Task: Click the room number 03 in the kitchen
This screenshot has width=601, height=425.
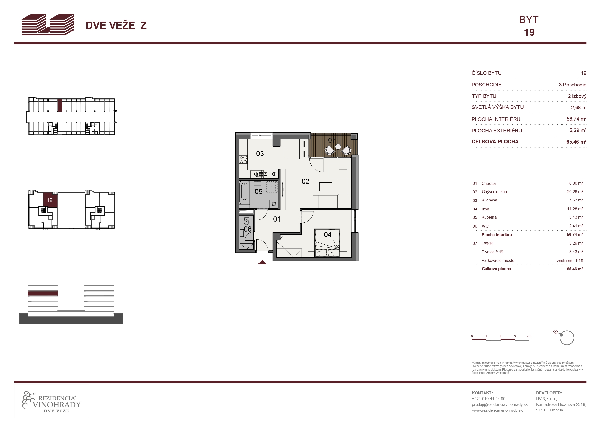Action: [x=260, y=154]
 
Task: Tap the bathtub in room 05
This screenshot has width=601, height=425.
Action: [x=244, y=193]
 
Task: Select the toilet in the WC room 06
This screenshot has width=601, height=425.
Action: [x=247, y=222]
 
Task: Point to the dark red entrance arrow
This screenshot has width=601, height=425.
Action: [x=262, y=262]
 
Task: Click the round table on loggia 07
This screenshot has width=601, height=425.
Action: [x=338, y=147]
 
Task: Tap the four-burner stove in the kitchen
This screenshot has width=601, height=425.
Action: [x=243, y=160]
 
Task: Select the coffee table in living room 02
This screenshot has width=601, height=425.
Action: [x=326, y=187]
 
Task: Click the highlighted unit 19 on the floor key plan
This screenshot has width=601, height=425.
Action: [x=50, y=200]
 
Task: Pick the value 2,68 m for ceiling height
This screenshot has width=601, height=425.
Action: [x=578, y=107]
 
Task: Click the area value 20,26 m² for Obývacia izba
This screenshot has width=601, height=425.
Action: [x=575, y=192]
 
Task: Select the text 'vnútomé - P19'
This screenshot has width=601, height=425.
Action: [x=570, y=261]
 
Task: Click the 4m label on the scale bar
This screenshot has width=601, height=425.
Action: [x=529, y=336]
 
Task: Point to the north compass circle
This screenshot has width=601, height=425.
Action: [x=567, y=338]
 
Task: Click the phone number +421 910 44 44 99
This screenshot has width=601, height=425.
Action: [x=488, y=399]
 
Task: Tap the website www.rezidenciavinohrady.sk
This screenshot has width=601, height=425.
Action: [x=497, y=410]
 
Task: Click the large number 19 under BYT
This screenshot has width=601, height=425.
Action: [x=529, y=32]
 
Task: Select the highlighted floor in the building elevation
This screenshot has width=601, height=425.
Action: [x=43, y=293]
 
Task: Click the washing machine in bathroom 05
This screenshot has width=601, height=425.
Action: [x=274, y=203]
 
